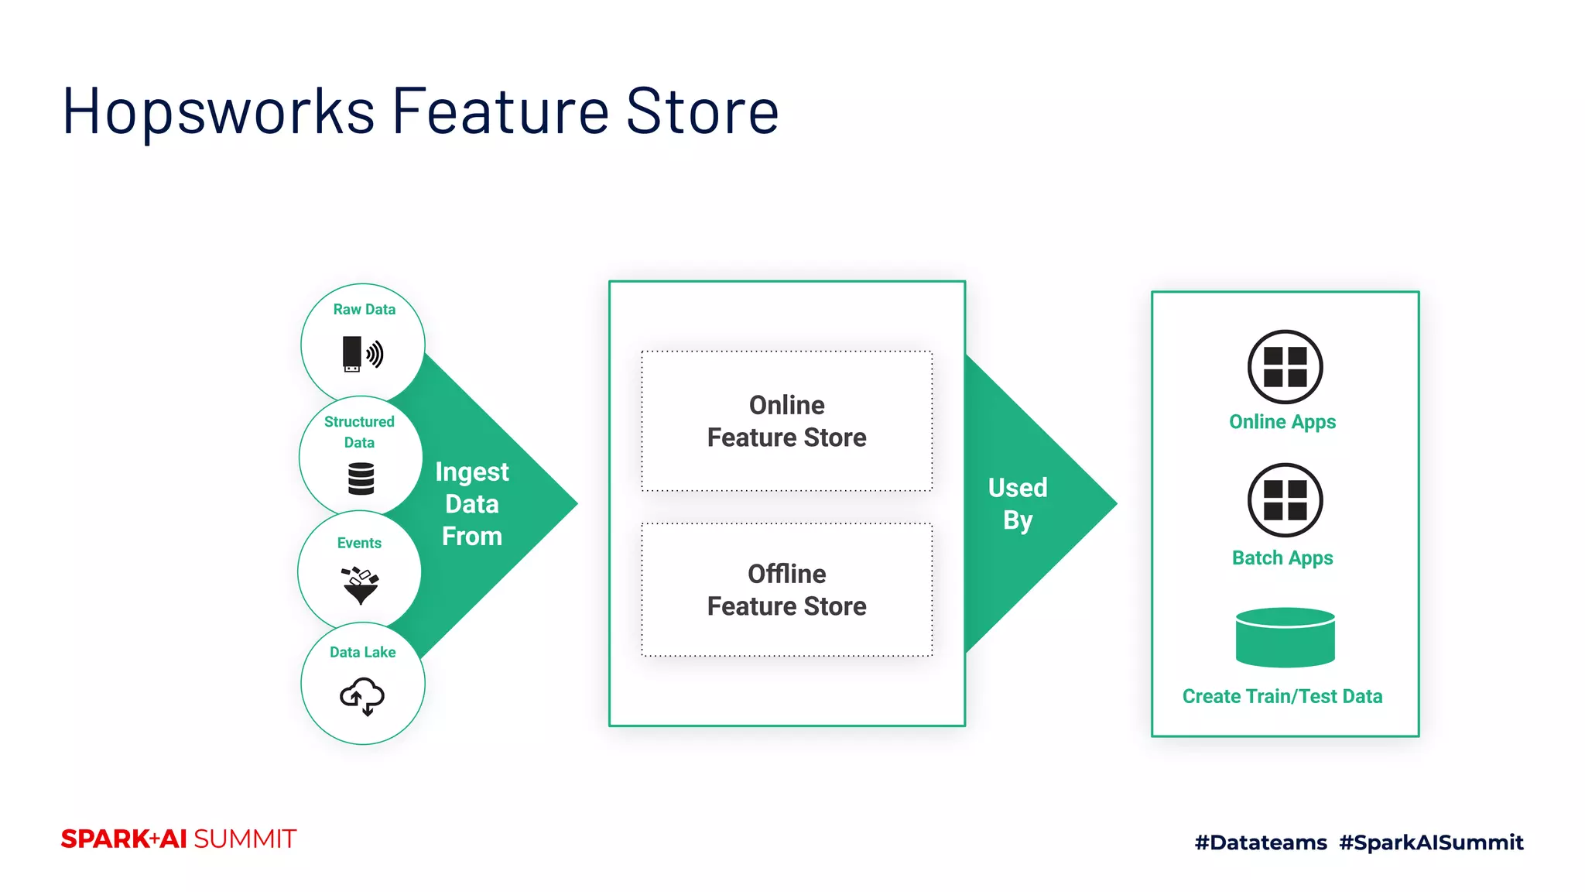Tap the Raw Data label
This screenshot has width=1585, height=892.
364,310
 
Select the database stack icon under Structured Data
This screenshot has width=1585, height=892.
361,479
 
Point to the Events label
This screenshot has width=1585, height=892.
359,544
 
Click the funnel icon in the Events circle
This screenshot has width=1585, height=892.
360,586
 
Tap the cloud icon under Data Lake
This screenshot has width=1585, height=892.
362,695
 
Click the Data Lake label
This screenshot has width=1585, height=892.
362,653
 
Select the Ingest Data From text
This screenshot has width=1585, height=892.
472,504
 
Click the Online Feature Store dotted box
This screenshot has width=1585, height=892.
786,421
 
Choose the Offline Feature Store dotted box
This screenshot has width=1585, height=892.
786,590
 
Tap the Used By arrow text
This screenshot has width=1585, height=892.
1018,504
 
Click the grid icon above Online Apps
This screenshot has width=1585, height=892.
1285,367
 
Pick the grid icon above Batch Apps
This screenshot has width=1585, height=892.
1285,500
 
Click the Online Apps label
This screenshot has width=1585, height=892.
1282,422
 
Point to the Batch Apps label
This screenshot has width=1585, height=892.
1282,558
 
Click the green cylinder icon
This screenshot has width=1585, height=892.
1285,638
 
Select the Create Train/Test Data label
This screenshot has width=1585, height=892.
1282,697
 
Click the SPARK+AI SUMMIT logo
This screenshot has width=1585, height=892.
179,839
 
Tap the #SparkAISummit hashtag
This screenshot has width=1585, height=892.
1431,842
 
